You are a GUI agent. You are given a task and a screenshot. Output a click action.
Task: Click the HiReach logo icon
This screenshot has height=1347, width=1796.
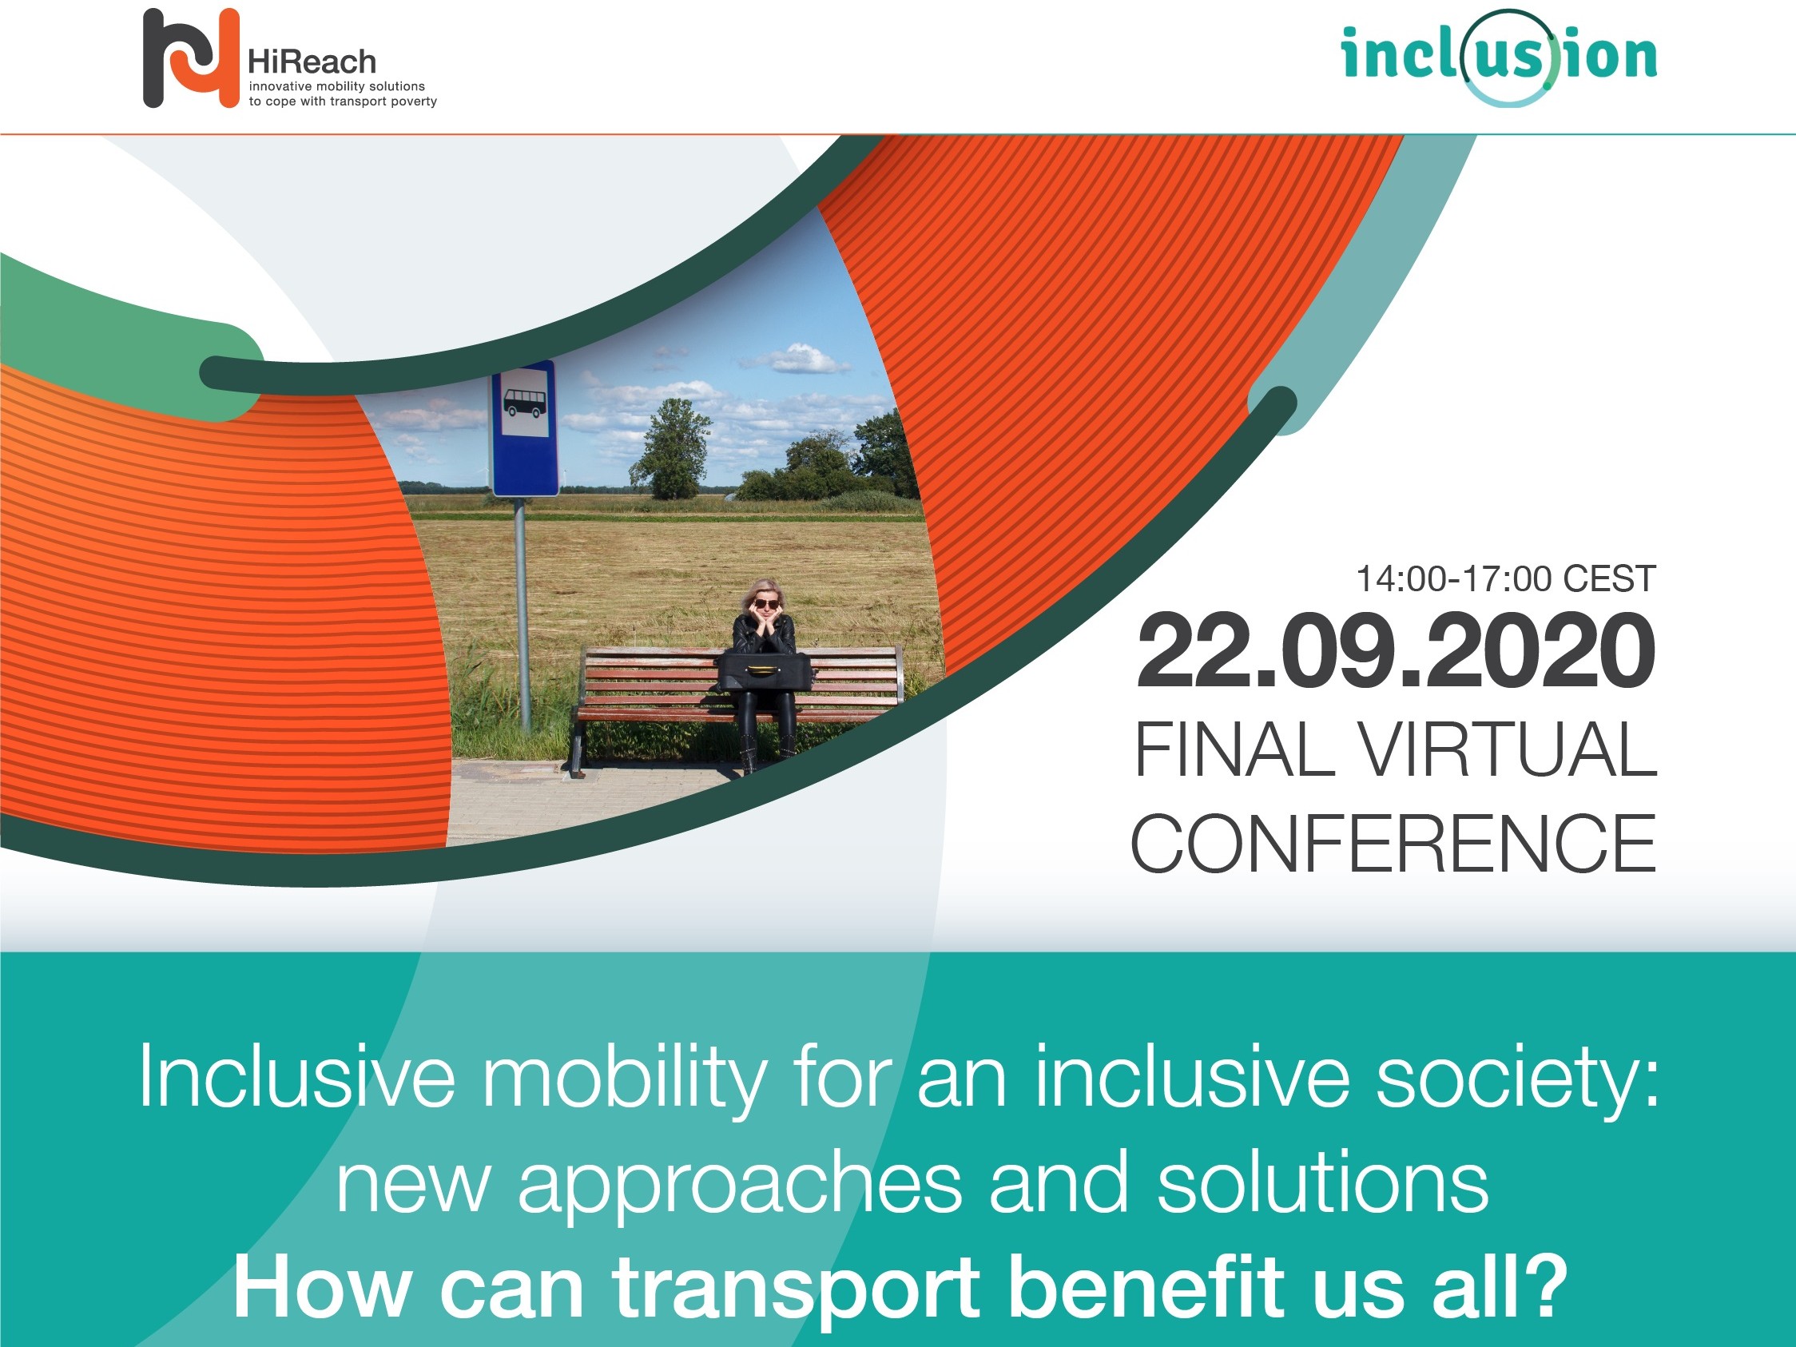pyautogui.click(x=191, y=58)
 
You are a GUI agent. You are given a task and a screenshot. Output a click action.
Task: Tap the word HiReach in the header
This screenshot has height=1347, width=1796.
pyautogui.click(x=312, y=62)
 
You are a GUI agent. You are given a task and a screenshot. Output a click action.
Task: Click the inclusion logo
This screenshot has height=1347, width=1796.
pyautogui.click(x=1499, y=57)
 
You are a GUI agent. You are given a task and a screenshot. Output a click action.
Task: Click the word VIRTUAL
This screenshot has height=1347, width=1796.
pyautogui.click(x=1508, y=749)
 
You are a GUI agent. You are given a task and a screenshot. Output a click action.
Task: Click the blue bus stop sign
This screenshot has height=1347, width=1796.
pyautogui.click(x=525, y=428)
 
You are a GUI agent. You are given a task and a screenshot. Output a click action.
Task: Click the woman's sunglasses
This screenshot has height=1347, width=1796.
pyautogui.click(x=765, y=603)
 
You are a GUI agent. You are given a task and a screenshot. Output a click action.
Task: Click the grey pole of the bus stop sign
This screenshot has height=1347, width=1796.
pyautogui.click(x=523, y=614)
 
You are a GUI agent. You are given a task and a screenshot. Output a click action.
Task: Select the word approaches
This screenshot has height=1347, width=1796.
pyautogui.click(x=740, y=1185)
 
